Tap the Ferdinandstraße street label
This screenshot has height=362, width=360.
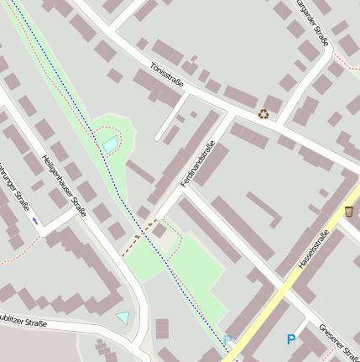pos(198,164)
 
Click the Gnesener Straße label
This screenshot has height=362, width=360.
pos(340,340)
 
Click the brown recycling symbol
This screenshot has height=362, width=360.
pos(263,113)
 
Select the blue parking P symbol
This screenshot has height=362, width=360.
pos(291,339)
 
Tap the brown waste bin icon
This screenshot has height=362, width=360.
pos(348,212)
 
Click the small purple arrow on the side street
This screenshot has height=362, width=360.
pos(35,220)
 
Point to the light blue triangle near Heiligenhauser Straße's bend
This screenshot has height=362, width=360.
pos(123,317)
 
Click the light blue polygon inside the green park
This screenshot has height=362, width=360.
pos(111,144)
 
